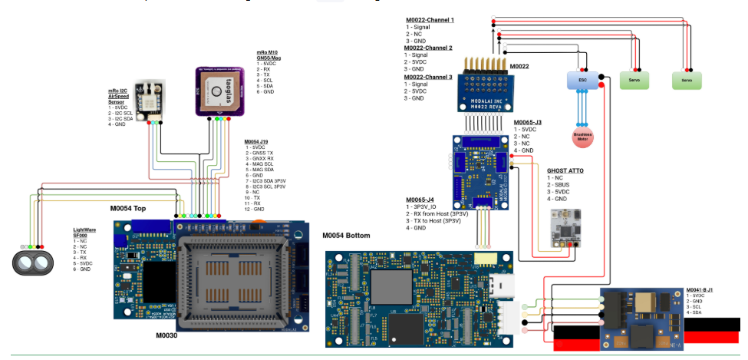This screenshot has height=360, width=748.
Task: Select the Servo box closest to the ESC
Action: click(634, 79)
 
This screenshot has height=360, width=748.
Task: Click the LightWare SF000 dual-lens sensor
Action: click(32, 262)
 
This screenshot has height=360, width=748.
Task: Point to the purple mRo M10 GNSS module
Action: click(218, 90)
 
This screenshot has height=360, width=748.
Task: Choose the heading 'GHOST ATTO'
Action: click(567, 170)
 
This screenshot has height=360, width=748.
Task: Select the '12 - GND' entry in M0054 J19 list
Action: click(255, 209)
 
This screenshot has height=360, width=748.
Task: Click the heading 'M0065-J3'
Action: click(529, 122)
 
